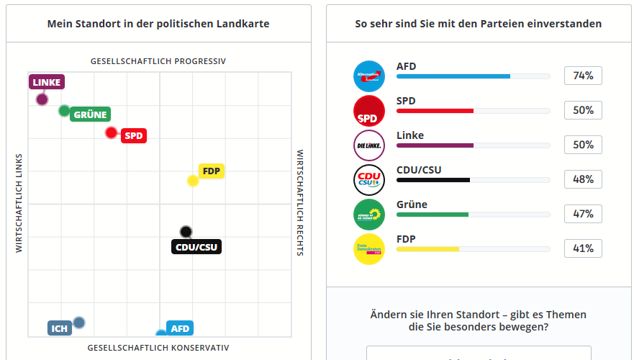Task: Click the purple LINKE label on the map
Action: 47,82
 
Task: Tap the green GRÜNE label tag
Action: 90,114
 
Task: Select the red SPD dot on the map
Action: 111,132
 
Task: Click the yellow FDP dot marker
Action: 193,181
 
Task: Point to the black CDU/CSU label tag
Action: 196,247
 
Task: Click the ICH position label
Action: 60,328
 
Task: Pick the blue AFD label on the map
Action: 180,329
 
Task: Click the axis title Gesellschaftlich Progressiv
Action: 158,61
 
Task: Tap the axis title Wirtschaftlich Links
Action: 19,202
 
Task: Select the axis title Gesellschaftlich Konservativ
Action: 158,348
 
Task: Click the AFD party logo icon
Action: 369,76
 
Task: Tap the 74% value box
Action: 583,76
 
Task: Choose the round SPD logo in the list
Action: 369,111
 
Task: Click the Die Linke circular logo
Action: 369,145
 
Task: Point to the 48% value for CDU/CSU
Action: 583,179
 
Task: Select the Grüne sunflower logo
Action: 369,215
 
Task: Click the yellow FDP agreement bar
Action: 428,249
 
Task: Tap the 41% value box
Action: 583,248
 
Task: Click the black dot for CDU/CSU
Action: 186,232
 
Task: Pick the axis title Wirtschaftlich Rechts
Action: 300,202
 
